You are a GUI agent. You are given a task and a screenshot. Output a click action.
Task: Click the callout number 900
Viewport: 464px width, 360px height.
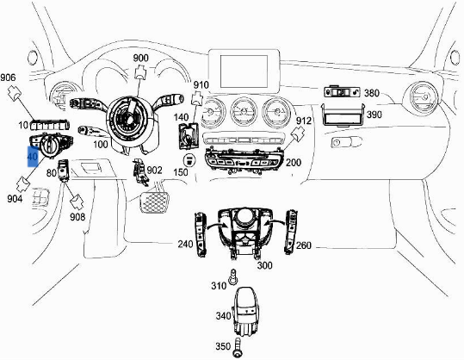click(140, 59)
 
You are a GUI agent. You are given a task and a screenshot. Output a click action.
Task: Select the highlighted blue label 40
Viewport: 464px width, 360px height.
click(33, 157)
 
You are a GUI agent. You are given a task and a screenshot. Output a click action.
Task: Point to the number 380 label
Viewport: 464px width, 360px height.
click(371, 93)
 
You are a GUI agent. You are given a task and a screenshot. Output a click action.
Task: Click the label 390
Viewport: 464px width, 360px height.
click(374, 115)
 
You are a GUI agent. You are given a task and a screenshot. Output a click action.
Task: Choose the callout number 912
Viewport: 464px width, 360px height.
click(303, 121)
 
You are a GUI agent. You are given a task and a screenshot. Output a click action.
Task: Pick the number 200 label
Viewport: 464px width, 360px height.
click(294, 162)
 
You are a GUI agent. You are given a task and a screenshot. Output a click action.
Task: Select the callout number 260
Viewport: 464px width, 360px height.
click(304, 245)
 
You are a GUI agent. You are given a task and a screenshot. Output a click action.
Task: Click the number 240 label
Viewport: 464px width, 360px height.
click(185, 244)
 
